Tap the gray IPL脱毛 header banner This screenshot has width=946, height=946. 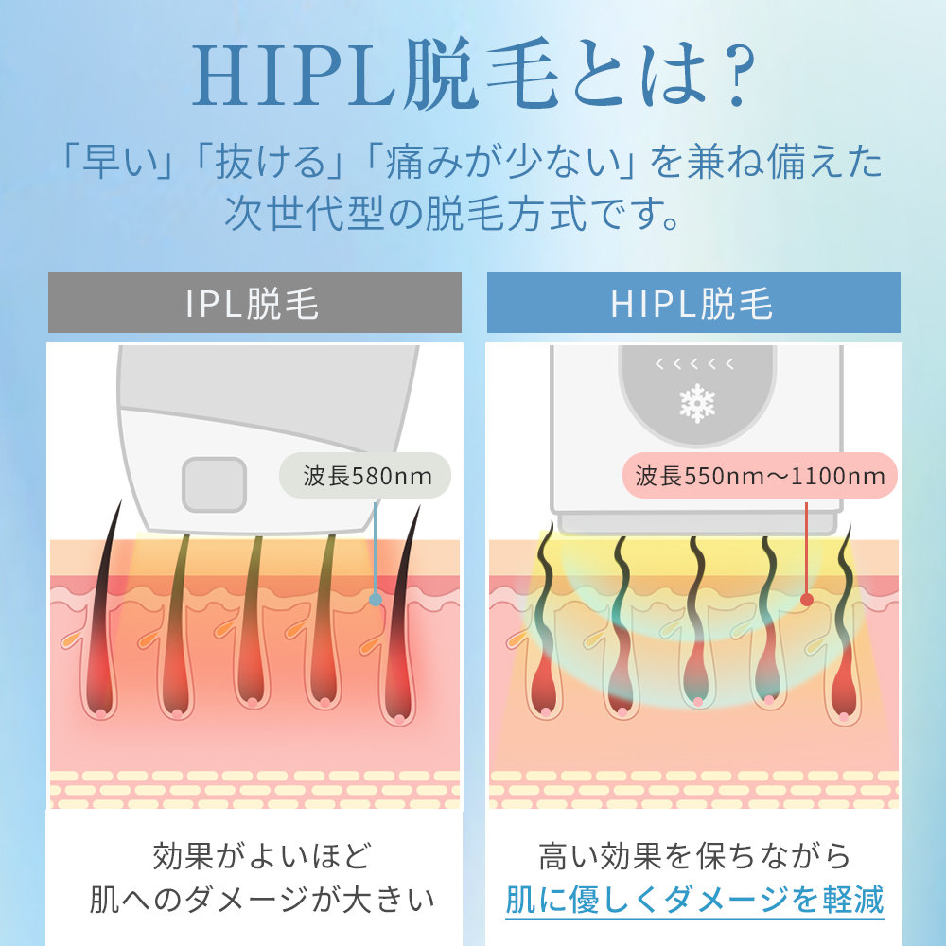pos(254,304)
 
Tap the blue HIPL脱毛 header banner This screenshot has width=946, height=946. pos(692,304)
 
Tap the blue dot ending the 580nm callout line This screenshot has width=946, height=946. pos(376,600)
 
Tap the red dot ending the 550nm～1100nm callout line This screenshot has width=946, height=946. pos(807,599)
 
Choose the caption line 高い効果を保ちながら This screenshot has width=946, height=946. pos(694,856)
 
